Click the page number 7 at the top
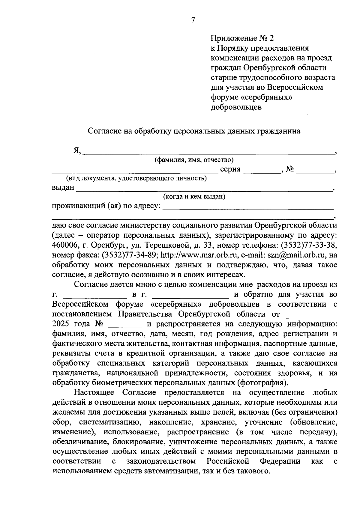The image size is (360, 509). coord(193,20)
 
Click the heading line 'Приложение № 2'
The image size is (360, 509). coord(242,38)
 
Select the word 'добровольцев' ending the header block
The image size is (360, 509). coord(236,107)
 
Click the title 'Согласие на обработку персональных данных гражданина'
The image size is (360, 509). coord(194,131)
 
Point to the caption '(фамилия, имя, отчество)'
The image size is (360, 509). coord(194,160)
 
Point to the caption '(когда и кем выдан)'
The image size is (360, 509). coord(194,197)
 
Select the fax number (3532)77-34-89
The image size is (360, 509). coord(126,255)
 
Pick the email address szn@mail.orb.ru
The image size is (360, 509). coord(296,255)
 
